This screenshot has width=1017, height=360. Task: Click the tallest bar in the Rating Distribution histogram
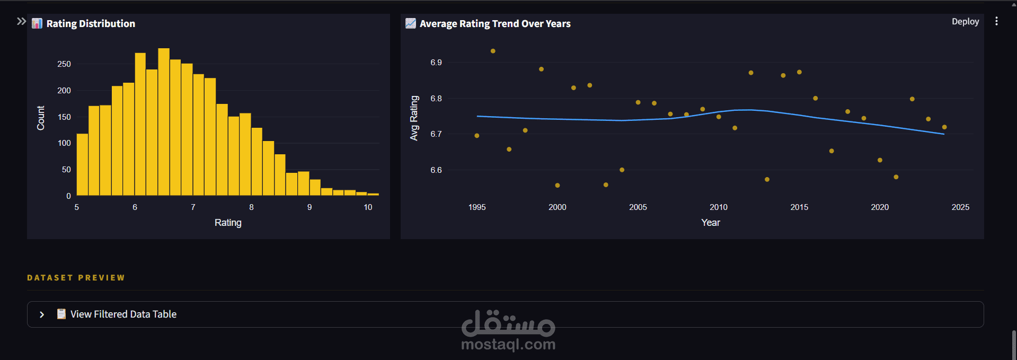pyautogui.click(x=164, y=122)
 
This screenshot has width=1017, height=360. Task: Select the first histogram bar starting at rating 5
pyautogui.click(x=82, y=164)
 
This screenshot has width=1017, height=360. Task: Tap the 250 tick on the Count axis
pyautogui.click(x=64, y=64)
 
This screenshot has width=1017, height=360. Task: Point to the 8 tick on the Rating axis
pyautogui.click(x=251, y=207)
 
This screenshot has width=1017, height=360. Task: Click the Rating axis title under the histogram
pyautogui.click(x=228, y=223)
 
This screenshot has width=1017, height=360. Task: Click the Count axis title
pyautogui.click(x=41, y=118)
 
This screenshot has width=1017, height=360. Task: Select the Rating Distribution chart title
pyautogui.click(x=91, y=24)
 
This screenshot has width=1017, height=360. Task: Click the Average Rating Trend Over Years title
pyautogui.click(x=495, y=24)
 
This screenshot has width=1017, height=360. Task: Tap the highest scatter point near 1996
pyautogui.click(x=493, y=51)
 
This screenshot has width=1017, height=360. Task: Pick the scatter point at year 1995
pyautogui.click(x=477, y=136)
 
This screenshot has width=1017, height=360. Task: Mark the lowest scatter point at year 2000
pyautogui.click(x=558, y=186)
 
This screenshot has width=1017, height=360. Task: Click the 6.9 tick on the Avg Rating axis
pyautogui.click(x=436, y=63)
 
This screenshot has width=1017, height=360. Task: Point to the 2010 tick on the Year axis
pyautogui.click(x=719, y=207)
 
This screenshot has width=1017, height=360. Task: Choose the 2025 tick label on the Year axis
pyautogui.click(x=960, y=207)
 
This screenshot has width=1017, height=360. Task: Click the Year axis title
pyautogui.click(x=710, y=223)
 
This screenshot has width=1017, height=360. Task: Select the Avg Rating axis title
pyautogui.click(x=414, y=118)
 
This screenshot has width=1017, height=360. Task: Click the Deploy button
pyautogui.click(x=965, y=22)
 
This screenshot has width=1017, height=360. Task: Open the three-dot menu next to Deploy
pyautogui.click(x=996, y=21)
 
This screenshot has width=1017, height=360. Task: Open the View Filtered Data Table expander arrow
pyautogui.click(x=42, y=314)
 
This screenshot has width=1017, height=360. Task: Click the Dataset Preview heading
pyautogui.click(x=76, y=278)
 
